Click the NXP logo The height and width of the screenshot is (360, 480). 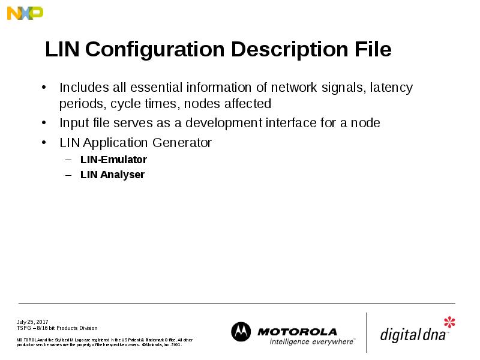[25, 13]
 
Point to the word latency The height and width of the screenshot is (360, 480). [391, 88]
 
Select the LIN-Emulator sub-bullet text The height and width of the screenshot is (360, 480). [113, 160]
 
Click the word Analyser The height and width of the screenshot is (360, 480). [123, 175]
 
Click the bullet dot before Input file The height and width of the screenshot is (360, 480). [44, 124]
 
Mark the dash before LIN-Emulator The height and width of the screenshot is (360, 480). [68, 160]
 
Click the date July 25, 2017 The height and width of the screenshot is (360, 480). [32, 322]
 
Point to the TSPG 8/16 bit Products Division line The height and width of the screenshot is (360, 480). [56, 328]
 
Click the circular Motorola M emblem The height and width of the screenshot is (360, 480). [241, 332]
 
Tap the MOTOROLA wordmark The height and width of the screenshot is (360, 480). [297, 332]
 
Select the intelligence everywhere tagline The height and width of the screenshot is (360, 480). [311, 341]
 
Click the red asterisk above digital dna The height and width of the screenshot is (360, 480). [449, 322]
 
